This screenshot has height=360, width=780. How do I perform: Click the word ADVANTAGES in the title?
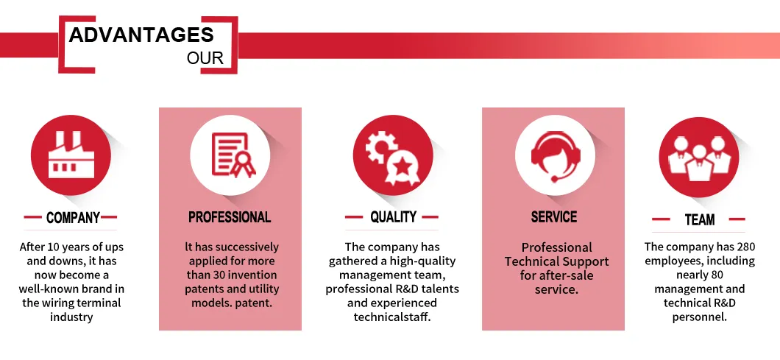[x=141, y=35]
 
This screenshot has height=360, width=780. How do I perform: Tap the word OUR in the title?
[x=205, y=58]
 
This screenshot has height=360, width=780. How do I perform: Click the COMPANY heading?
[x=73, y=218]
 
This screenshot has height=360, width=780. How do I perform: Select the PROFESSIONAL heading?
[x=230, y=217]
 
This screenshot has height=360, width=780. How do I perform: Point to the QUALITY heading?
[x=393, y=216]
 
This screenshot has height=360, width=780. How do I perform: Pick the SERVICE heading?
[x=554, y=217]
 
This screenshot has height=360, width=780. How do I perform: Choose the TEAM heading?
[x=699, y=219]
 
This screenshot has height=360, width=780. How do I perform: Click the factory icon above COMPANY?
[x=71, y=155]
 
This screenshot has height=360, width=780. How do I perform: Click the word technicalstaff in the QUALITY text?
[x=392, y=317]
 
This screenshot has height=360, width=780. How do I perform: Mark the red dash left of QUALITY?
[x=354, y=217]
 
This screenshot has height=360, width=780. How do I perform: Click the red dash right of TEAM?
[x=737, y=219]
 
